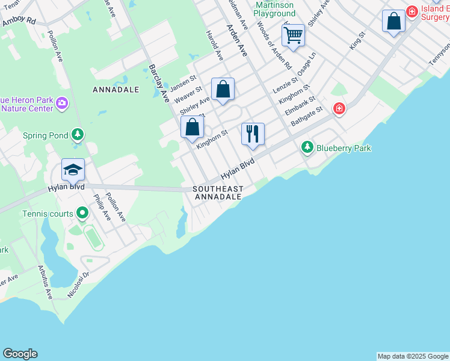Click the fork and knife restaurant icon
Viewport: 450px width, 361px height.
coord(253,134)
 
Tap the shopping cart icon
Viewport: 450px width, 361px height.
coord(293,34)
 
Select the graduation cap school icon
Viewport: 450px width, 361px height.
coord(73,170)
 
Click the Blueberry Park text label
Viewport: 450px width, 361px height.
coord(344,147)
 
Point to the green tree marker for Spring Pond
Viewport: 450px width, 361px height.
coord(77,134)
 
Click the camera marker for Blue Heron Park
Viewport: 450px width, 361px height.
coord(61,105)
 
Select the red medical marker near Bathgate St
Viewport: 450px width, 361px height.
coord(339,108)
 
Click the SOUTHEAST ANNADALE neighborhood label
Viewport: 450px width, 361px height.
coord(218,193)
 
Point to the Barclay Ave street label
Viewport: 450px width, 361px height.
coord(159,83)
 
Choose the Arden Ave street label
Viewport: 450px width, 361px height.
coord(236,41)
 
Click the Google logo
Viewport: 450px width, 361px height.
coord(20,354)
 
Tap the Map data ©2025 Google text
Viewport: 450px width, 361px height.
coord(413,356)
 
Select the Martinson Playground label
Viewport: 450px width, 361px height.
coord(274,9)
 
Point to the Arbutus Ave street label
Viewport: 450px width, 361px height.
coord(46,282)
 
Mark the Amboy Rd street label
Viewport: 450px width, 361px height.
coord(19,21)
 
